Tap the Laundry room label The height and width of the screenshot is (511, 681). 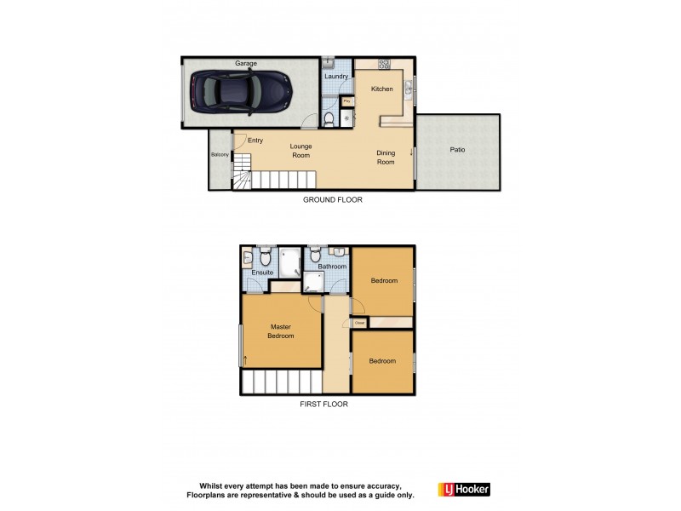[336, 77]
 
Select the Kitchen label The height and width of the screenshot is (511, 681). [381, 89]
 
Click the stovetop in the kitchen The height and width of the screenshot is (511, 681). [384, 63]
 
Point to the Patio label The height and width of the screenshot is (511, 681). [457, 150]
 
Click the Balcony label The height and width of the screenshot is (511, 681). [220, 154]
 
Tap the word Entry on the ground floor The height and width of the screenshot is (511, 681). [255, 141]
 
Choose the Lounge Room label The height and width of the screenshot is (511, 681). [300, 151]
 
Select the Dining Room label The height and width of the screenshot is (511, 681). [386, 158]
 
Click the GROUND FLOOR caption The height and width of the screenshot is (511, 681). [333, 200]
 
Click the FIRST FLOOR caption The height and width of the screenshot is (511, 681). [323, 405]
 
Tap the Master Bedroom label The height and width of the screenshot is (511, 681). [281, 331]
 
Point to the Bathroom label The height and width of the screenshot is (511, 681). [332, 267]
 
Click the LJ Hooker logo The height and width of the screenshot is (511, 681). [464, 490]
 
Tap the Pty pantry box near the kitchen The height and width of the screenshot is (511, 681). [346, 101]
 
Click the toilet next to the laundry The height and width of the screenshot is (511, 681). [329, 119]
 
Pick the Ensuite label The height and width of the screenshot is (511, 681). [262, 273]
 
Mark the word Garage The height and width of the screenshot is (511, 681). [246, 63]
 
